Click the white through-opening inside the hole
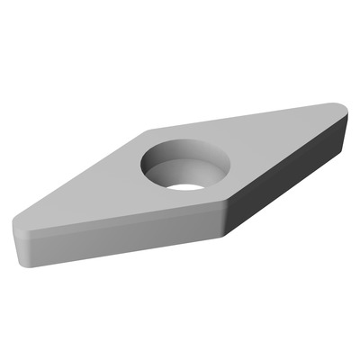(x=184, y=187)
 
